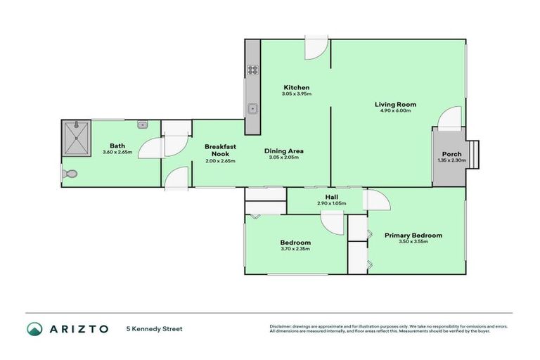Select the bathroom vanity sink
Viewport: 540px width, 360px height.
[142, 125]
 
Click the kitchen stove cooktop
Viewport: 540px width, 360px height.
[252, 70]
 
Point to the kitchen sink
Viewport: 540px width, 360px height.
[252, 109]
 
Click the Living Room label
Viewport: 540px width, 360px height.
[395, 104]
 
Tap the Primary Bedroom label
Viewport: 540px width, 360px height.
[413, 235]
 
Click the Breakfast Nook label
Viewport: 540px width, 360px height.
[220, 150]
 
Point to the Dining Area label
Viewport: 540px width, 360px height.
[284, 150]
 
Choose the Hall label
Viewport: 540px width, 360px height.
[333, 197]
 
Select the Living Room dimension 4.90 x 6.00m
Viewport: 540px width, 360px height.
[395, 111]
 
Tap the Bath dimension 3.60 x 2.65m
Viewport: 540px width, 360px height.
[117, 152]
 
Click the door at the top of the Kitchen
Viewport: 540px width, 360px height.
[316, 49]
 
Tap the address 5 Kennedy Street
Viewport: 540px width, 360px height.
[154, 328]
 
